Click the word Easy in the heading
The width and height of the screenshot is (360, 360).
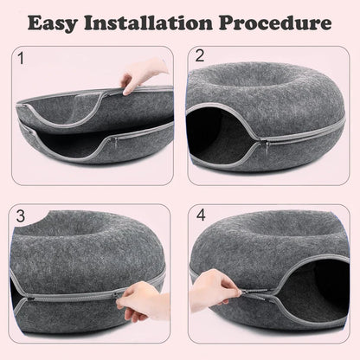click(x=59, y=22)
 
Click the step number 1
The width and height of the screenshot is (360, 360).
click(x=22, y=59)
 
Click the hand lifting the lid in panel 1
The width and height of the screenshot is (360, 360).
click(x=143, y=74)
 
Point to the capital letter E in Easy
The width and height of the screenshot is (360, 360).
click(x=35, y=22)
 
